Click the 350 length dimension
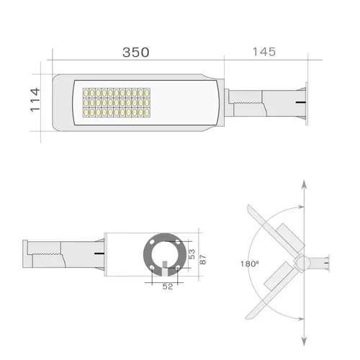pyautogui.click(x=135, y=53)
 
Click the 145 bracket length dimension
pyautogui.click(x=265, y=52)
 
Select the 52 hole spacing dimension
pyautogui.click(x=167, y=287)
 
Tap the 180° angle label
pyautogui.click(x=250, y=264)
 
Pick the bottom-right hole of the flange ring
pyautogui.click(x=178, y=268)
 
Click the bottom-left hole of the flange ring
pyautogui.click(x=153, y=268)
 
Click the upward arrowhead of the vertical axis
pyautogui.click(x=304, y=186)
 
